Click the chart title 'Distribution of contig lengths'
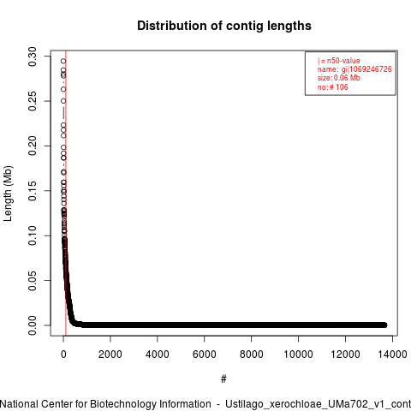click(x=224, y=26)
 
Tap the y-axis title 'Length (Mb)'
click(x=8, y=194)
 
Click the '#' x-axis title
click(x=223, y=379)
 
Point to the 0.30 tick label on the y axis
click(x=33, y=57)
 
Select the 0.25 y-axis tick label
click(x=33, y=101)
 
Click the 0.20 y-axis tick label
click(x=33, y=146)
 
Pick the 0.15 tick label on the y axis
click(x=33, y=191)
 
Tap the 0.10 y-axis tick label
click(x=33, y=235)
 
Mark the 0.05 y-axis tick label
click(x=33, y=280)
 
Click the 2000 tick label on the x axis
click(x=110, y=354)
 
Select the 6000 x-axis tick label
click(x=205, y=354)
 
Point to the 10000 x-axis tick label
click(x=298, y=354)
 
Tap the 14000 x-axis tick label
click(x=392, y=354)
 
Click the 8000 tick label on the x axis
click(x=251, y=354)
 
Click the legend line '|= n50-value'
click(x=339, y=61)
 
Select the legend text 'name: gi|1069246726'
click(x=354, y=69)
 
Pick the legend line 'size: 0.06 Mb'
click(x=339, y=78)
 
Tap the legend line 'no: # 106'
click(x=333, y=87)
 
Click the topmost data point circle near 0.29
click(x=63, y=61)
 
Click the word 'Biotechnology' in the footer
click(x=122, y=404)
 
